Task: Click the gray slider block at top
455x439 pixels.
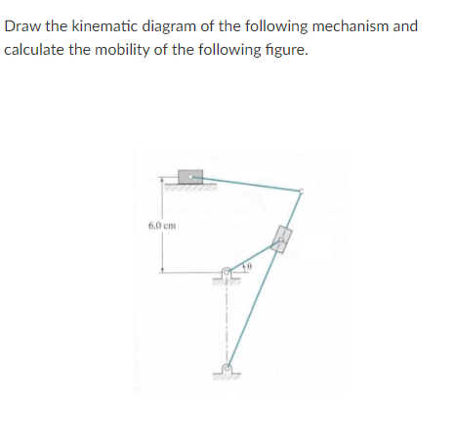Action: [x=189, y=177]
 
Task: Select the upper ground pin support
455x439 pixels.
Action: [x=227, y=274]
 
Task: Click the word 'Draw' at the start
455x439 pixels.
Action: [x=21, y=25]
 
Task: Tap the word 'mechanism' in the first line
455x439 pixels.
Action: [x=346, y=25]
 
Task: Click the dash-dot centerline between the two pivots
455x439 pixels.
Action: [x=227, y=323]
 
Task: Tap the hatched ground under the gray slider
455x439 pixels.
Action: [x=189, y=187]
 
